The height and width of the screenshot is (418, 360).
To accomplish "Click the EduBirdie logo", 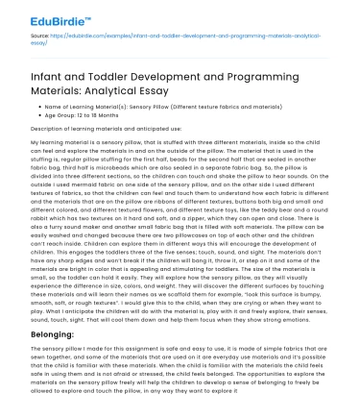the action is tap(50, 15).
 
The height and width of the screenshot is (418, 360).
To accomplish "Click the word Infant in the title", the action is tap(59, 85).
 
